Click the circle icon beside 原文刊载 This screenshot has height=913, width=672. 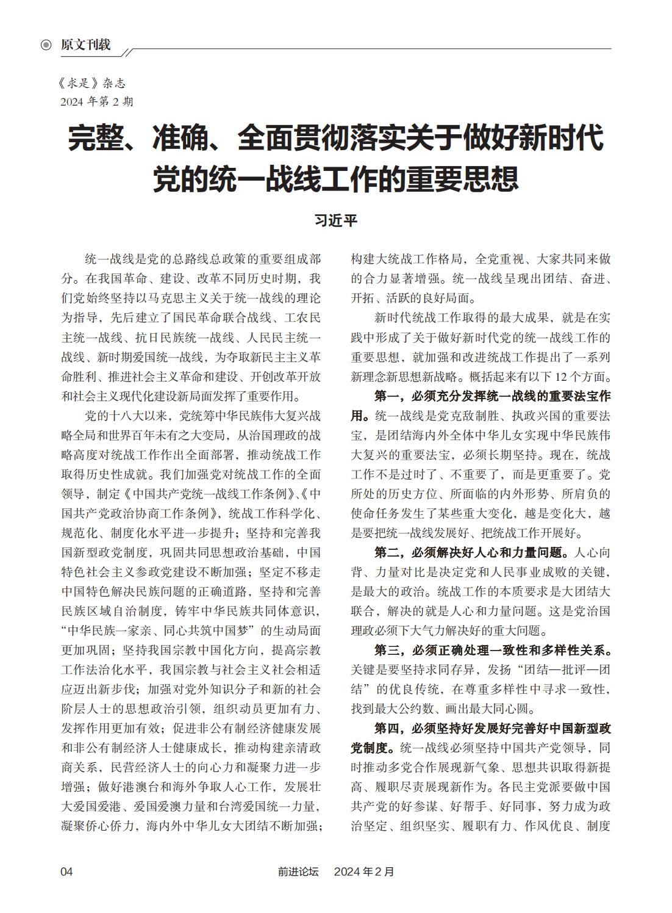46,45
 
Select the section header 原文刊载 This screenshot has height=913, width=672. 85,45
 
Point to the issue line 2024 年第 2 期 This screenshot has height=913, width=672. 96,101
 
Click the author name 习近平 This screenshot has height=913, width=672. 335,220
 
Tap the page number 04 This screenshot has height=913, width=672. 66,872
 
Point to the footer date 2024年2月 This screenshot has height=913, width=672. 364,872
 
